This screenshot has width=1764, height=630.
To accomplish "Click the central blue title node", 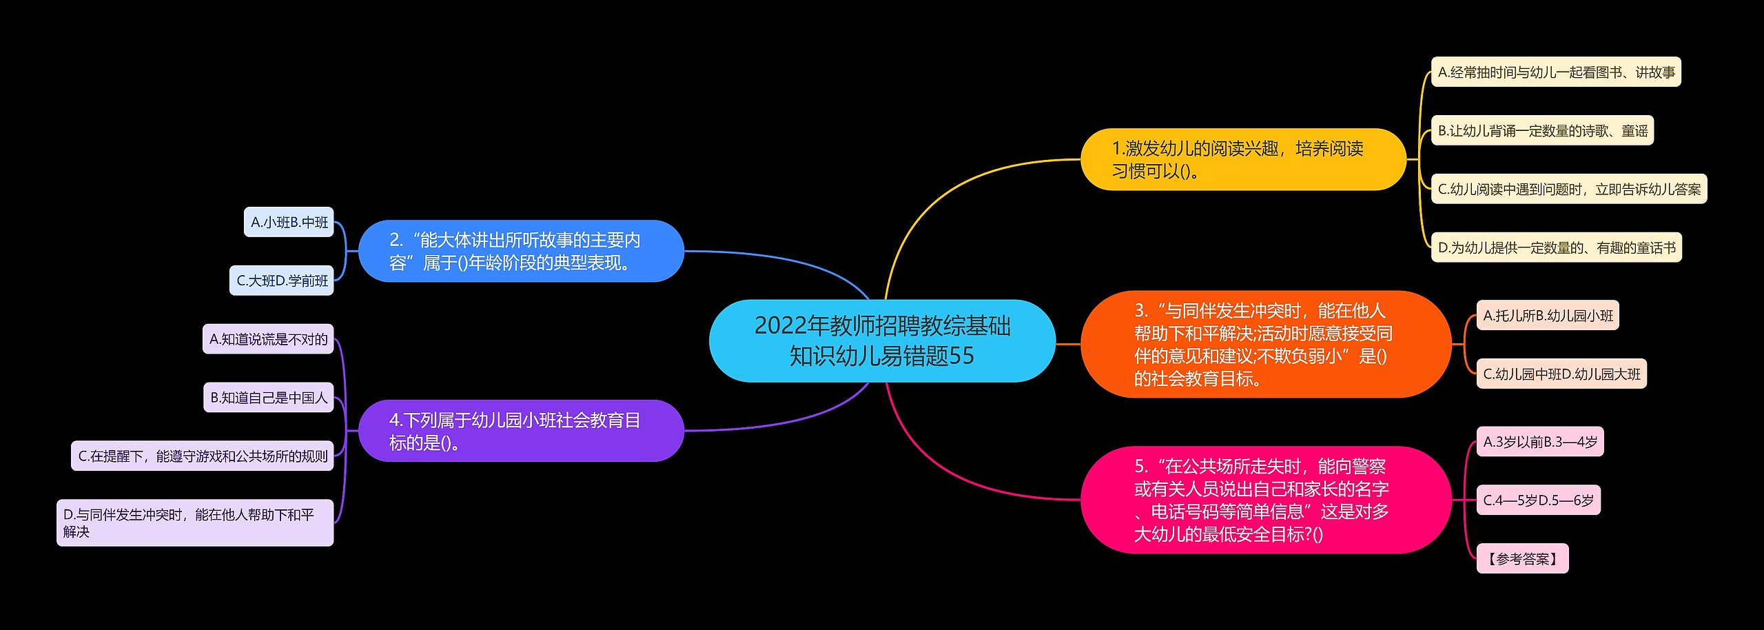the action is (882, 341).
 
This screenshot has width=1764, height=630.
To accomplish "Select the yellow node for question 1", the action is (1242, 159).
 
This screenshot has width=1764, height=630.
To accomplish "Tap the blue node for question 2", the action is (521, 251).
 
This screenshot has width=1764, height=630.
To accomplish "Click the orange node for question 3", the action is (1265, 344).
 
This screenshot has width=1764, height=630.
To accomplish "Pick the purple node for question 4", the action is (521, 431).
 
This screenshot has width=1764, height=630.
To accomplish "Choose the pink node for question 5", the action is (1265, 500).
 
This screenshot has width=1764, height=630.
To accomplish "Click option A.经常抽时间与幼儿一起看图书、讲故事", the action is (1556, 72).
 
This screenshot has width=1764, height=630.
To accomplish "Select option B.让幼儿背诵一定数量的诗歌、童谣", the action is (1542, 130).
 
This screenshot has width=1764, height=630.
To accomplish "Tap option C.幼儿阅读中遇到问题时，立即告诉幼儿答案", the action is (1569, 189).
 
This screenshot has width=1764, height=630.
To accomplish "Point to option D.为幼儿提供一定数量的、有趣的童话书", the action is (1556, 247).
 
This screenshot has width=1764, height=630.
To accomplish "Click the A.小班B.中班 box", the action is (289, 222).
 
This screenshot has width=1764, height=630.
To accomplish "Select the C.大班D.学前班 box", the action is (282, 281).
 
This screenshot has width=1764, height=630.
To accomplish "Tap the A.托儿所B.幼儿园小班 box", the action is (1548, 315).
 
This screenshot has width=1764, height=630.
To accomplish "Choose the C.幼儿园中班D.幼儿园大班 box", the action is (1561, 374).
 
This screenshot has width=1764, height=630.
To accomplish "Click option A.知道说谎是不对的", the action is (268, 339).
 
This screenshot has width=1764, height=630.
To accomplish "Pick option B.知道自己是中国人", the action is (269, 398).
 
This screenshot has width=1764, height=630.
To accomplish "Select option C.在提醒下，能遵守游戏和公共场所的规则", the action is (203, 456).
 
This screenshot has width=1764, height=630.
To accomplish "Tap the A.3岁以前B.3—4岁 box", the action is (1539, 442).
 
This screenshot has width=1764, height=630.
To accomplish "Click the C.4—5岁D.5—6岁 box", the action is (1538, 500).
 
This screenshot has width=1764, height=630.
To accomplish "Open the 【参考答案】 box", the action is (1522, 558).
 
